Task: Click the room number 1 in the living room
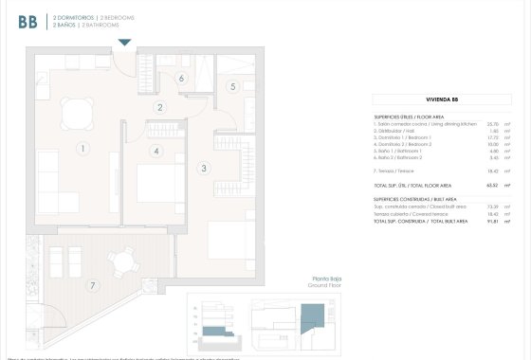point(83,148)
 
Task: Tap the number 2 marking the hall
point(161,107)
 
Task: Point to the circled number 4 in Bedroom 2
point(156,150)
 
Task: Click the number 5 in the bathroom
point(232,87)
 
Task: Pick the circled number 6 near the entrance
point(181,79)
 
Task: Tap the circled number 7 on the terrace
point(93,285)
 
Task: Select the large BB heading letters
point(27,22)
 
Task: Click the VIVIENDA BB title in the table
point(443,99)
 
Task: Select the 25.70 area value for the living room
point(492,123)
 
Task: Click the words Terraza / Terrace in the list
point(398,171)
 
